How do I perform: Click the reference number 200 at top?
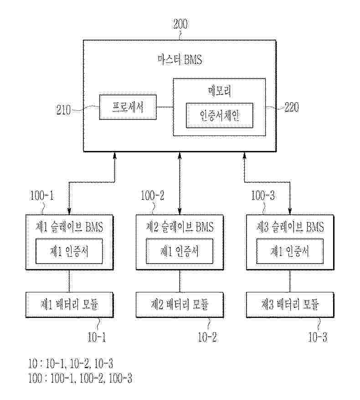pos(180,24)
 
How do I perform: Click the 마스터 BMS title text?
pos(180,60)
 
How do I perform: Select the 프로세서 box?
pos(128,108)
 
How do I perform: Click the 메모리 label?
pos(219,91)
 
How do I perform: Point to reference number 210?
pos(64,109)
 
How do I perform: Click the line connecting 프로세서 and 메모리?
pos(165,108)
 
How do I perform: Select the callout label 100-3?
pos(263,197)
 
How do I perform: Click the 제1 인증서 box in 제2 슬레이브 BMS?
pos(179,251)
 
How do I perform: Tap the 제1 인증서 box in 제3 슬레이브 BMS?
pos(290,251)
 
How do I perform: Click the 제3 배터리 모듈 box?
pos(290,305)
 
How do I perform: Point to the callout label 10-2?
pos(207,338)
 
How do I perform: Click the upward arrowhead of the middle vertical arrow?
pos(180,156)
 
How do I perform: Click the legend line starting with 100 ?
pos(80,378)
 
